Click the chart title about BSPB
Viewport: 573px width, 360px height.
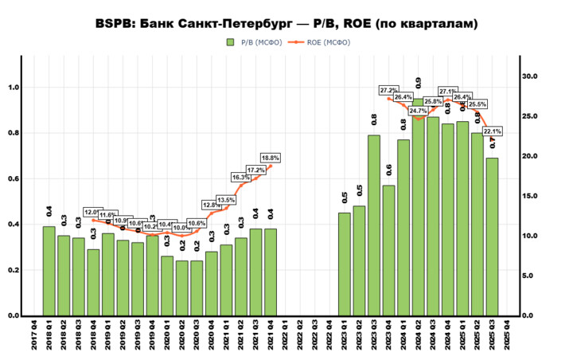286,24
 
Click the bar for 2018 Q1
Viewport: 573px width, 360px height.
49,271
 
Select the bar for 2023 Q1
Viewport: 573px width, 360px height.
345,264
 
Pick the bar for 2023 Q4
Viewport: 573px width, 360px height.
388,250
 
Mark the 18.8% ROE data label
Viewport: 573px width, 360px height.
271,158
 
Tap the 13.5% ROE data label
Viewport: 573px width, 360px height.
226,200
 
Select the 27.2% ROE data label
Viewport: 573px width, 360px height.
389,90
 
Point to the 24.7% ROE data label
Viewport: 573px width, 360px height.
419,111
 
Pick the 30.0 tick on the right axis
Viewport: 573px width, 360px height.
530,76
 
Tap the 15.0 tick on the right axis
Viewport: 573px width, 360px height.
530,196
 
